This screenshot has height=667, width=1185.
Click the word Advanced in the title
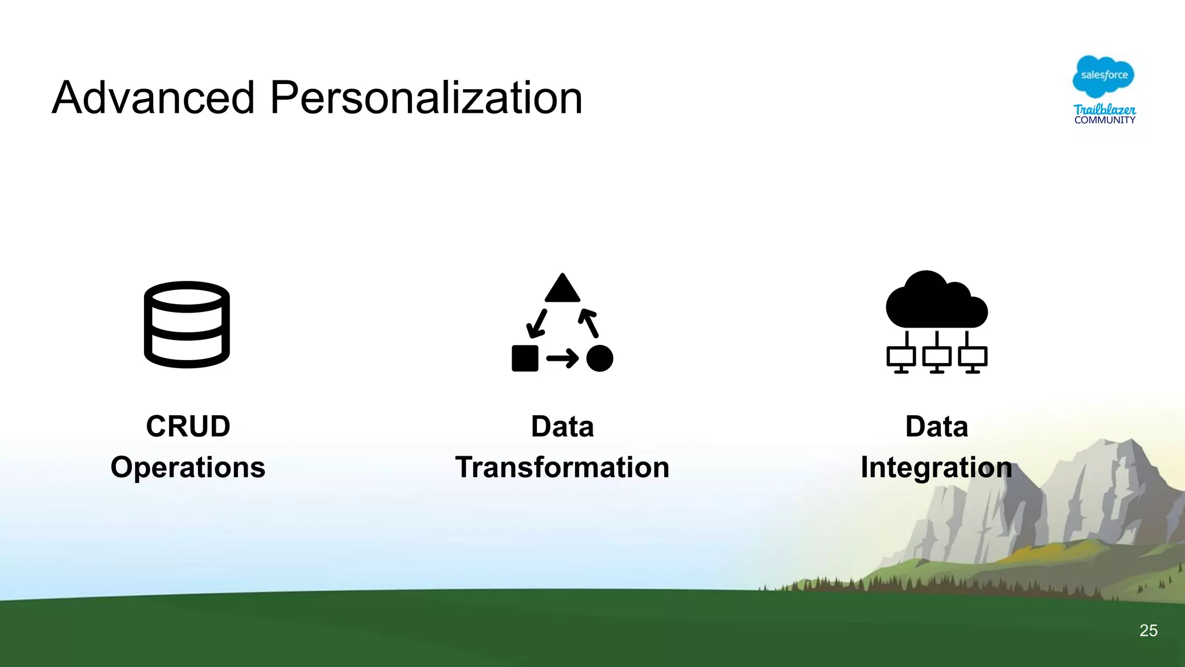pyautogui.click(x=153, y=98)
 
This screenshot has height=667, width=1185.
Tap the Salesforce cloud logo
pyautogui.click(x=1103, y=76)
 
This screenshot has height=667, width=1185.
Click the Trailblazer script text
pyautogui.click(x=1105, y=109)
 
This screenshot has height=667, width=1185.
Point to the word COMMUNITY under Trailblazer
pyautogui.click(x=1105, y=120)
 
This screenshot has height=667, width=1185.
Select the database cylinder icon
pyautogui.click(x=187, y=324)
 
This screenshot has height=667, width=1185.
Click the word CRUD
pyautogui.click(x=188, y=427)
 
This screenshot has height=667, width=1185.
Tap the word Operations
pyautogui.click(x=188, y=467)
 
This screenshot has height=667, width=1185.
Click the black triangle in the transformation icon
pyautogui.click(x=562, y=289)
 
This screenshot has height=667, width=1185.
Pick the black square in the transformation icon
pyautogui.click(x=525, y=358)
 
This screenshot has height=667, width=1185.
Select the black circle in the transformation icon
pyautogui.click(x=599, y=358)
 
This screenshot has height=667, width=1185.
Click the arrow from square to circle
pyautogui.click(x=562, y=358)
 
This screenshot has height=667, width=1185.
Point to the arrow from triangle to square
pyautogui.click(x=537, y=324)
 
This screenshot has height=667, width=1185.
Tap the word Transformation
pyautogui.click(x=562, y=467)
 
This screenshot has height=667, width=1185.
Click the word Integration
pyautogui.click(x=936, y=467)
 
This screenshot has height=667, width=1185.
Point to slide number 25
pyautogui.click(x=1148, y=631)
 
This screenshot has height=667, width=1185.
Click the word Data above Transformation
pyautogui.click(x=562, y=427)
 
